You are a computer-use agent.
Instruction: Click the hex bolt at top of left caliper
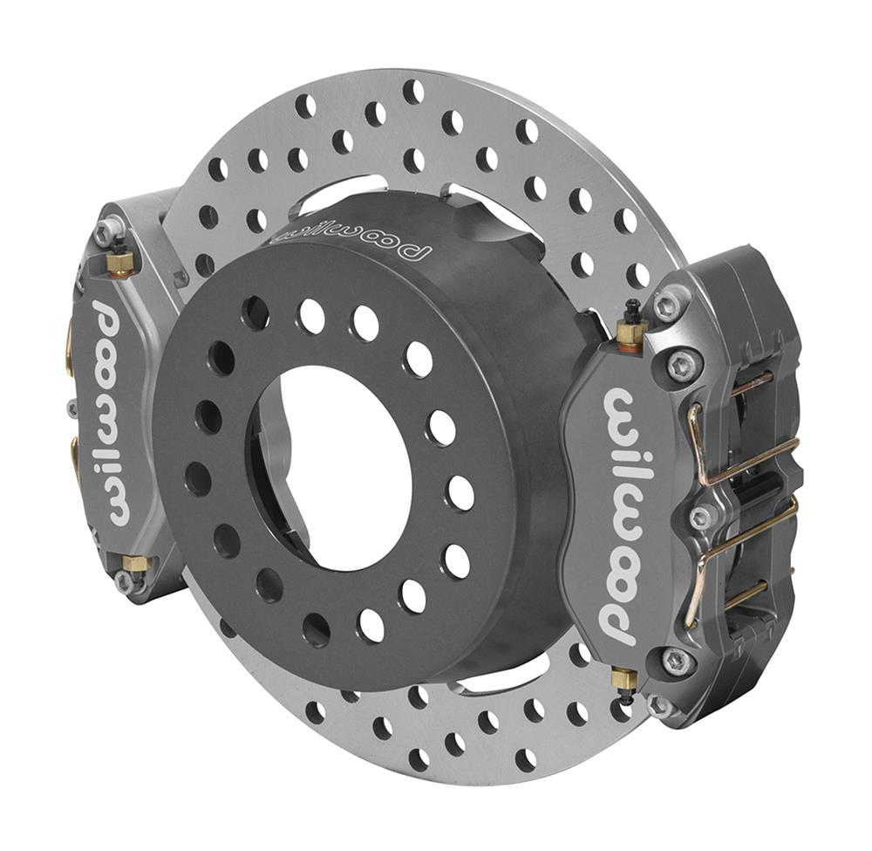[106, 230]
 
